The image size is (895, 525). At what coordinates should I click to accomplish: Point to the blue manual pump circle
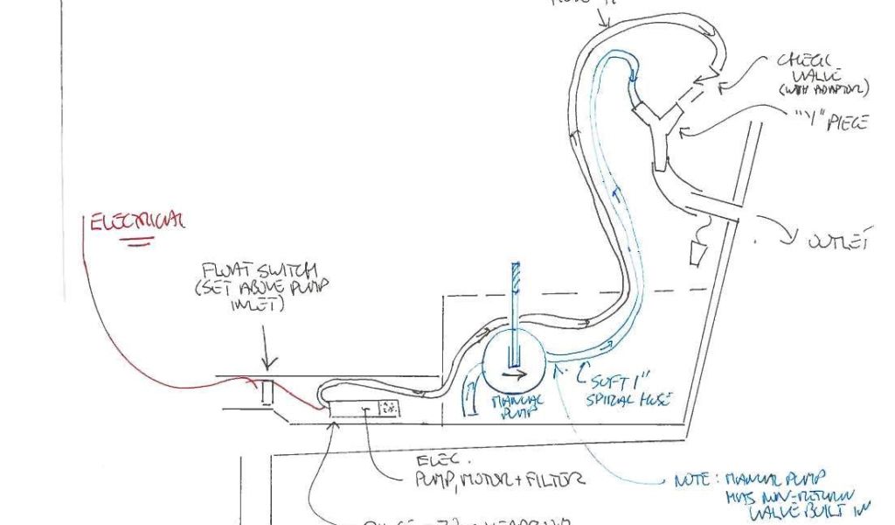(x=513, y=364)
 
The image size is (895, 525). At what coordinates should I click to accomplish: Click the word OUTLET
(x=841, y=240)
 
